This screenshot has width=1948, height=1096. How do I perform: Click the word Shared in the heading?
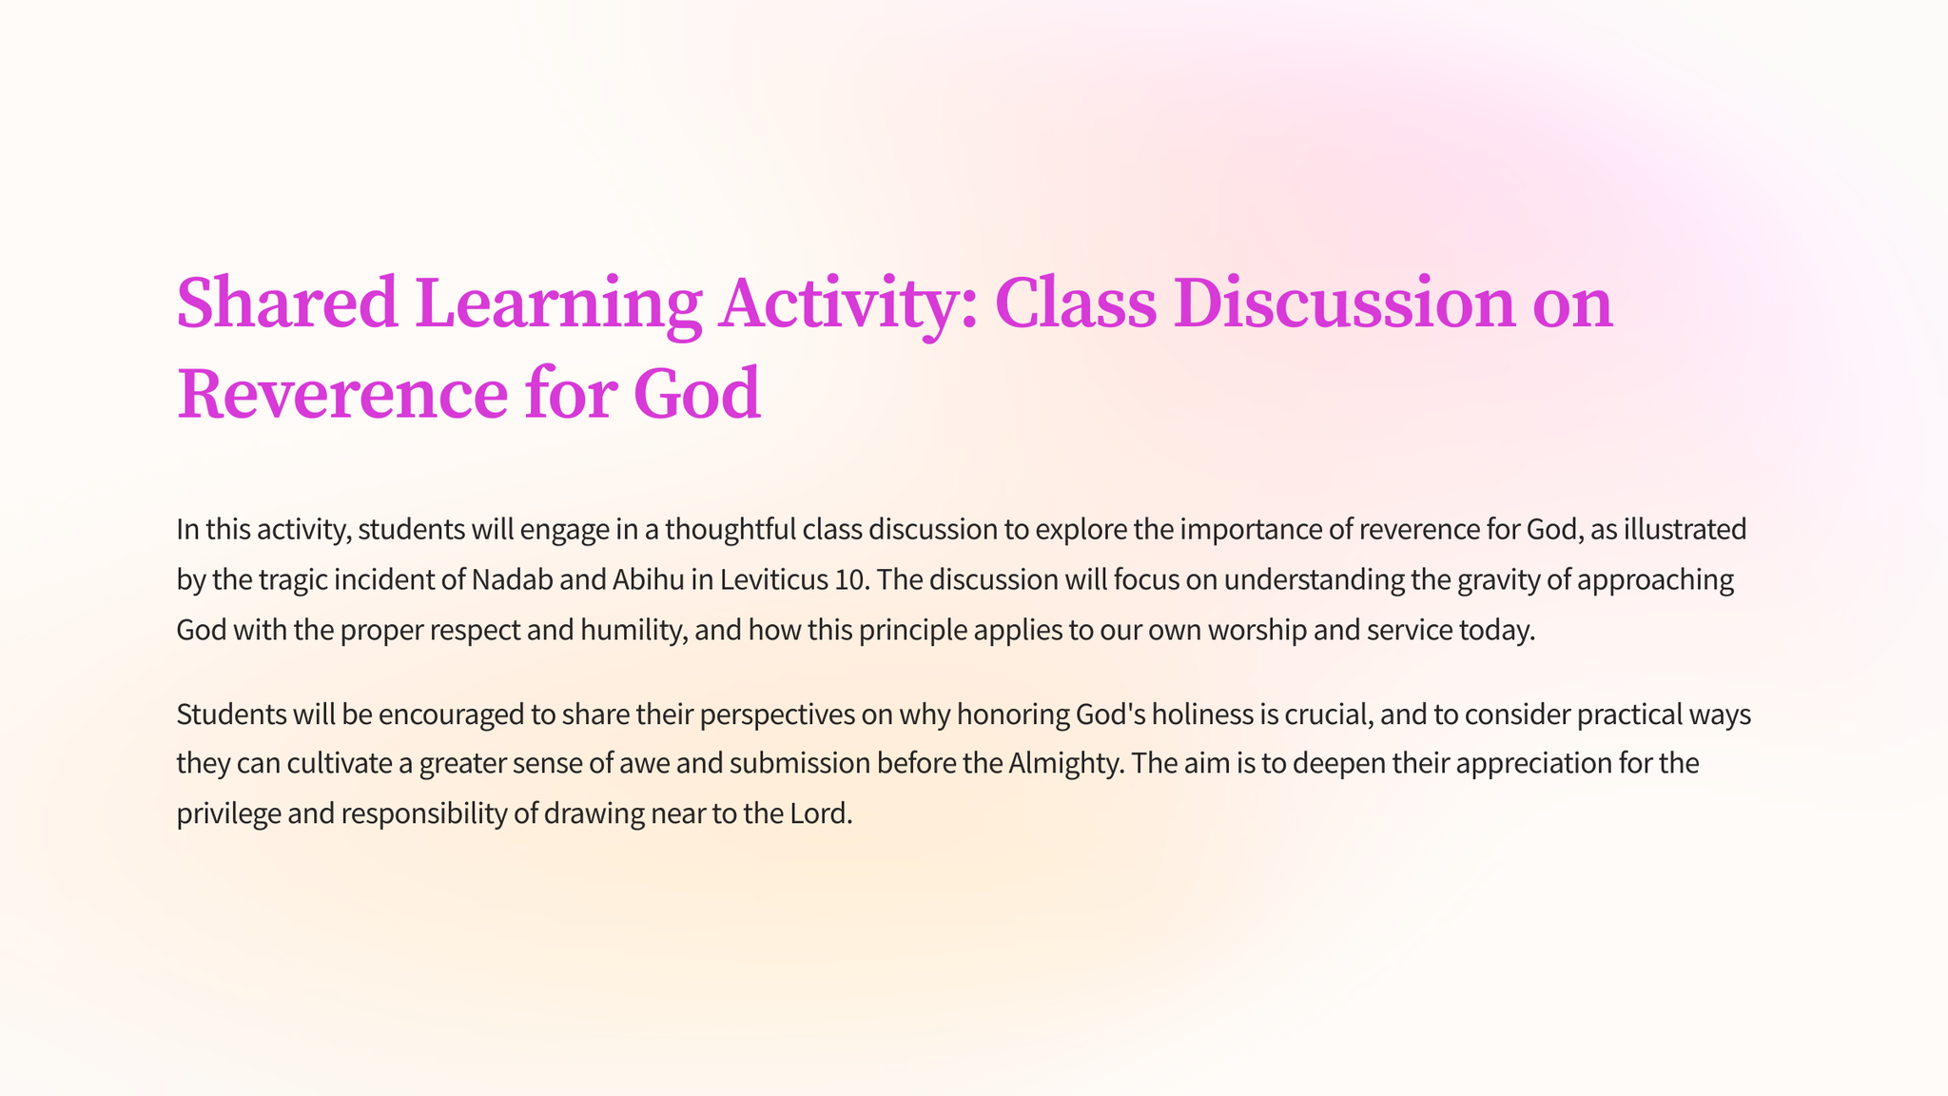click(x=287, y=303)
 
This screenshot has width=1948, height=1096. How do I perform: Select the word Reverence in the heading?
click(x=341, y=394)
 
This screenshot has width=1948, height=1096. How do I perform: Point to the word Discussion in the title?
click(x=1344, y=303)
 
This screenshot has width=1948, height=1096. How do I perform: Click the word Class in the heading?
click(x=1075, y=303)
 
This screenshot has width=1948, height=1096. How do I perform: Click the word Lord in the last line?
click(x=821, y=814)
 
